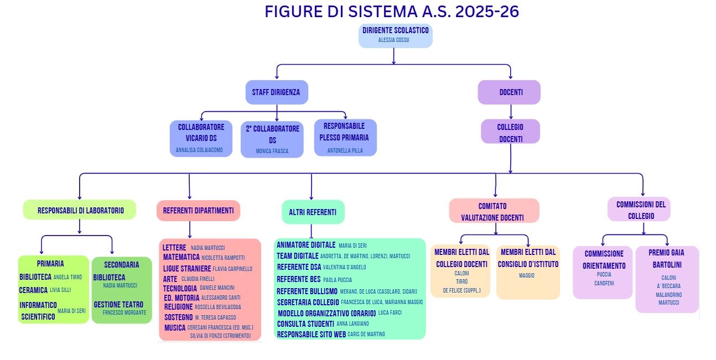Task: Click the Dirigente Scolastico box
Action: coord(395,35)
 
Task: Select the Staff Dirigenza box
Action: coord(276,92)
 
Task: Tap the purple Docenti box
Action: coord(509,92)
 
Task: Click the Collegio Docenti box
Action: coord(510,132)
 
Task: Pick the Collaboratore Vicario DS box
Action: coord(201,138)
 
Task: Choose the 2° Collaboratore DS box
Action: coord(272,139)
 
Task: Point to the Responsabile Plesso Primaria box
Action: coord(345,137)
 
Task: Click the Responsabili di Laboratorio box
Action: coord(80,210)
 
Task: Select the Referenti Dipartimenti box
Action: coord(199,210)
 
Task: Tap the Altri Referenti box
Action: coord(313,212)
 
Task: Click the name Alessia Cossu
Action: coord(393,40)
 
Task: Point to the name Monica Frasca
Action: coord(272,151)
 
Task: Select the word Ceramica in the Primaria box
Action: coord(33,290)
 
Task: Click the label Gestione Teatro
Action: coord(118,305)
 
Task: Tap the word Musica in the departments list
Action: coord(175,328)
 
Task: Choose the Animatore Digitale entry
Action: coord(306,245)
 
